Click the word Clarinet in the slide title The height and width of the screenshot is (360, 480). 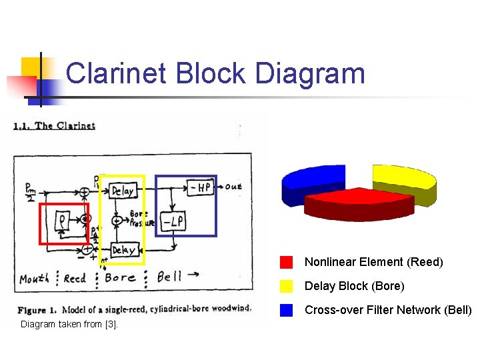point(117,73)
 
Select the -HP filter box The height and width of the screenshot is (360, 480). point(199,187)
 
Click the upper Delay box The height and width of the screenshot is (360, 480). point(123,191)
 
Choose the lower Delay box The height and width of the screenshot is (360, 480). point(123,250)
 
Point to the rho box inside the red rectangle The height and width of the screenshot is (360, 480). point(62,220)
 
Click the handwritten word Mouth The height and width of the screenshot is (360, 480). point(34,278)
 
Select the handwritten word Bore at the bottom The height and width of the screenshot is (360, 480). point(121,277)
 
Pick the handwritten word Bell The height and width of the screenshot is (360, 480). point(169,276)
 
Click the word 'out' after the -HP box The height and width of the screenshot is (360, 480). point(233,187)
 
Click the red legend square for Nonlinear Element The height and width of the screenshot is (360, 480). point(287,262)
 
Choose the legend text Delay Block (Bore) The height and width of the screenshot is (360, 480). point(354,286)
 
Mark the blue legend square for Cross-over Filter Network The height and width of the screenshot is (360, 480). point(287,310)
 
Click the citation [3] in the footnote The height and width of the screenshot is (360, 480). point(111,325)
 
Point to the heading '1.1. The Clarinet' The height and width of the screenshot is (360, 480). point(55,126)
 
